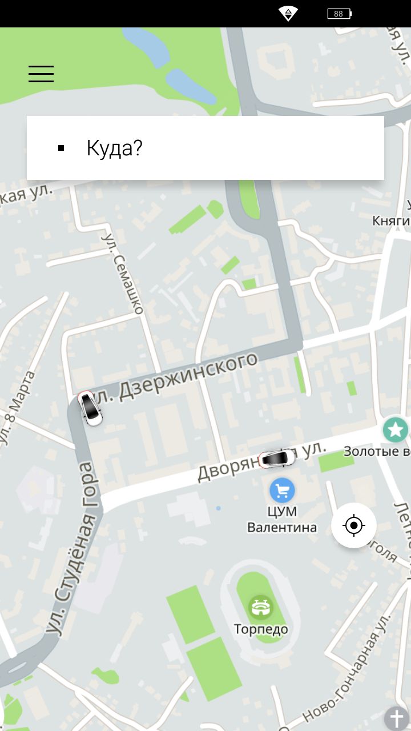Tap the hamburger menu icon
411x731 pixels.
41,74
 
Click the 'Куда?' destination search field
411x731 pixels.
205,148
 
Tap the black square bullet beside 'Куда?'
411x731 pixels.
61,148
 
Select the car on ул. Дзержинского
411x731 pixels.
90,408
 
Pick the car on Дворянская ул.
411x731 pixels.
277,458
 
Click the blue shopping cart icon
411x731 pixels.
282,490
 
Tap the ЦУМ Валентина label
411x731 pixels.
282,519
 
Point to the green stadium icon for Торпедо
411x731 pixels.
261,607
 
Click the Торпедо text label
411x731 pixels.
261,629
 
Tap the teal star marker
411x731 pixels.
395,429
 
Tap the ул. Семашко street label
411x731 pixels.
123,273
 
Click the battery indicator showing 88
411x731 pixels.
339,14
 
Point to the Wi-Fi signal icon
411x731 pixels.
288,14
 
